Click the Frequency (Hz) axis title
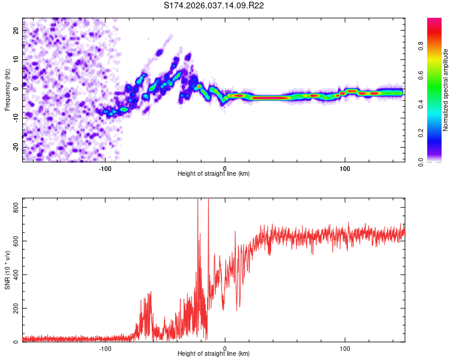[x=7, y=90]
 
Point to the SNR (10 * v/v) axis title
[x=7, y=270]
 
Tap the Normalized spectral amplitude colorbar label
[x=445, y=90]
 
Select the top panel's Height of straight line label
[x=214, y=173]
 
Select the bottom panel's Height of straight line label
[x=214, y=353]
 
